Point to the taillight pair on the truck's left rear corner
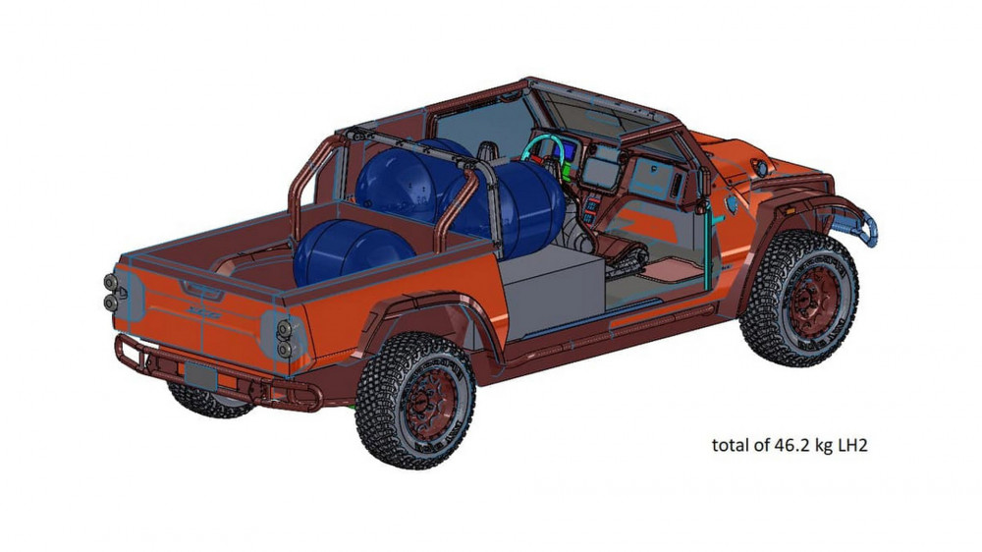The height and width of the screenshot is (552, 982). coord(117,292)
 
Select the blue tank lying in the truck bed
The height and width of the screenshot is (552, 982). coord(339,254)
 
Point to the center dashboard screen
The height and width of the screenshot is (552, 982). coord(601,167)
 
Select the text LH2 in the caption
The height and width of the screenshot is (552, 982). coord(850,445)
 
